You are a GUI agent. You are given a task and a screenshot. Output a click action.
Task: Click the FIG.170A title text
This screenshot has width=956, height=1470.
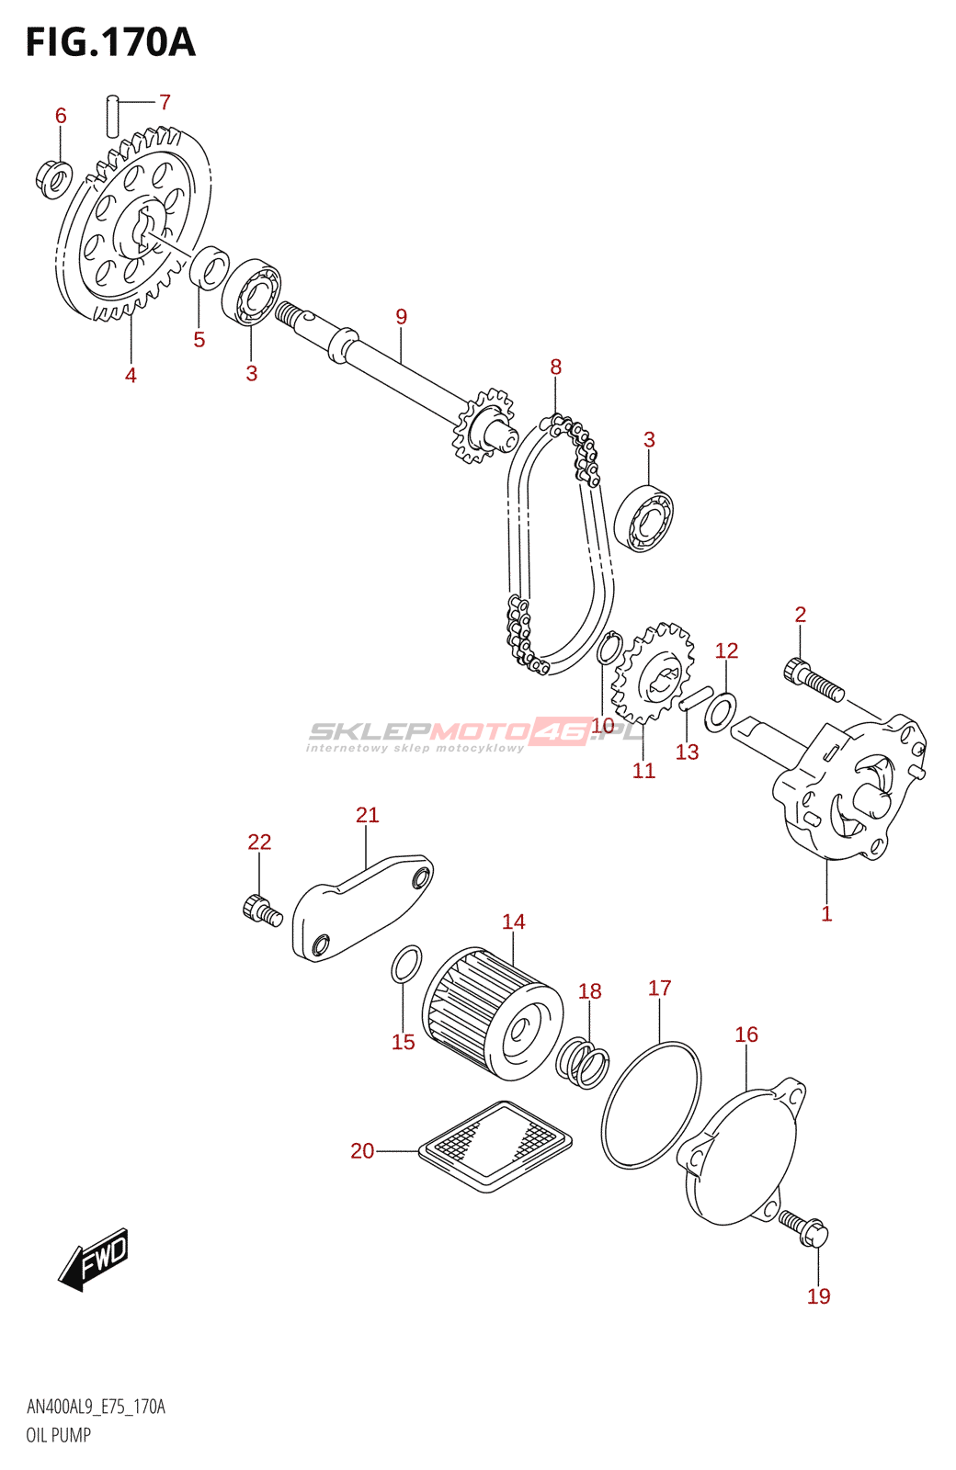(110, 42)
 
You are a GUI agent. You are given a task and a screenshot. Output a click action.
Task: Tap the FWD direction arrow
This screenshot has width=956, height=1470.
(95, 1258)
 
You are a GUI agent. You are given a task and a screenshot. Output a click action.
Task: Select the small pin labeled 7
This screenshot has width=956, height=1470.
(113, 116)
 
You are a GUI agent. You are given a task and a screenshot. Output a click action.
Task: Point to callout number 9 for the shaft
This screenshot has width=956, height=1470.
(401, 317)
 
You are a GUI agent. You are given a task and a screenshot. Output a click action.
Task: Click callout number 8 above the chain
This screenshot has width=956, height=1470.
(555, 367)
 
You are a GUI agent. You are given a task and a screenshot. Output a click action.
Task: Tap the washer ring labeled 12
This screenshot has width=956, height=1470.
(721, 708)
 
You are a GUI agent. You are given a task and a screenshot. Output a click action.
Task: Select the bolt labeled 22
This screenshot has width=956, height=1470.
(262, 909)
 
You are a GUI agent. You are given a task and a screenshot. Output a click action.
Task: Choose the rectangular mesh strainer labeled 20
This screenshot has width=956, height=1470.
(495, 1147)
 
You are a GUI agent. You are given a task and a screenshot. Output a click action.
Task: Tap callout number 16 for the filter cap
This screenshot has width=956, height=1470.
(746, 1035)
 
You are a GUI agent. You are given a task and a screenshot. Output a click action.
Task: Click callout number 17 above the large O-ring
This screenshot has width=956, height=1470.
(659, 989)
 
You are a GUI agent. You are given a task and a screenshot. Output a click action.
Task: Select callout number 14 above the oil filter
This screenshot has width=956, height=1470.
(513, 922)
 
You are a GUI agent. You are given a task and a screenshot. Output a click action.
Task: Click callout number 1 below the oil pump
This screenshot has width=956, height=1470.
(826, 914)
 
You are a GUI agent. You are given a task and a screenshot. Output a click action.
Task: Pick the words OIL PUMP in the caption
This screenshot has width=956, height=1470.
(58, 1435)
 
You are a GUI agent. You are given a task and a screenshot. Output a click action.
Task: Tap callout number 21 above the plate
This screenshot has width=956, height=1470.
(367, 815)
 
